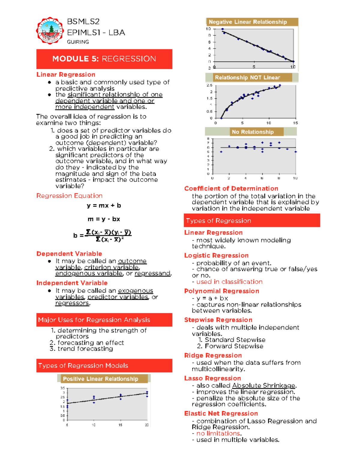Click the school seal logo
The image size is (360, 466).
[50, 31]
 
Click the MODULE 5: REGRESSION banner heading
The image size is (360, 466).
[104, 59]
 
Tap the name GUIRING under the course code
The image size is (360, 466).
[78, 42]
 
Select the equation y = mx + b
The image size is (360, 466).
[104, 206]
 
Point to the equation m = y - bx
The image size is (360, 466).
[104, 219]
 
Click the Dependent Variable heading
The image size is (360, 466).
[69, 254]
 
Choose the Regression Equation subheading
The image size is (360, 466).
[69, 196]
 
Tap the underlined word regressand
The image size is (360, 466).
[152, 273]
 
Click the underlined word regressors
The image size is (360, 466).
[72, 303]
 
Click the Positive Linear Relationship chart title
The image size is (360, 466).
[100, 379]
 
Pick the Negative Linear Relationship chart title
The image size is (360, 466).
[248, 22]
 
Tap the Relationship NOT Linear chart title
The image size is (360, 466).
[247, 77]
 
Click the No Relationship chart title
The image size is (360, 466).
[253, 132]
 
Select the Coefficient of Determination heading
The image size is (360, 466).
[231, 188]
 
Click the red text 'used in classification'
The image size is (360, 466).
[229, 282]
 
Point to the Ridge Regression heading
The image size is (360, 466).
[213, 355]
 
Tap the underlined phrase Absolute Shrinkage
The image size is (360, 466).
[264, 385]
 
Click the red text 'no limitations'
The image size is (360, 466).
[218, 433]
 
